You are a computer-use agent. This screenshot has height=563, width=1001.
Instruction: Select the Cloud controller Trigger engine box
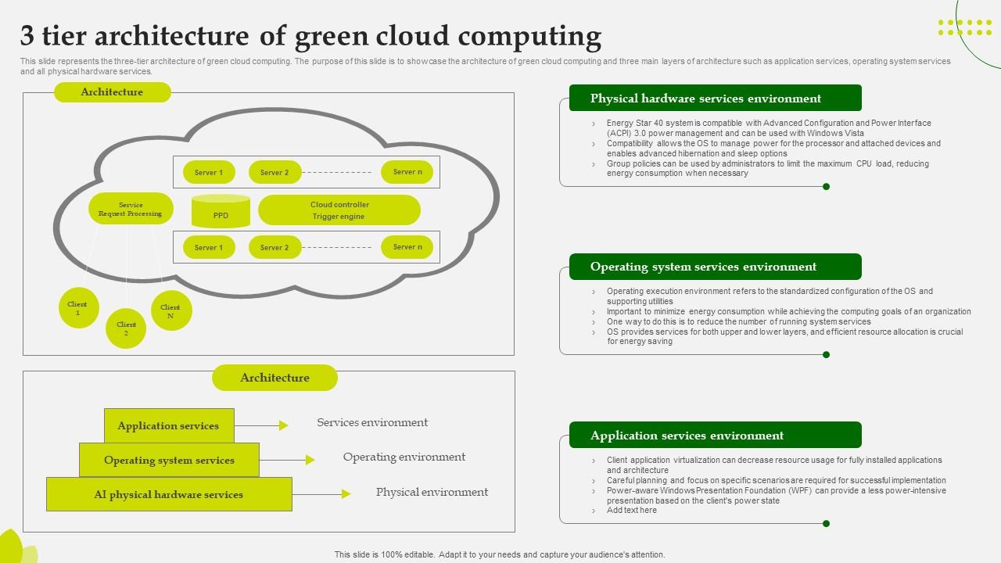339,210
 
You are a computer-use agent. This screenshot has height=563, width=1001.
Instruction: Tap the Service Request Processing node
131,209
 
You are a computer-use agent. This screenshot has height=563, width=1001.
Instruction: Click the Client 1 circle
78,308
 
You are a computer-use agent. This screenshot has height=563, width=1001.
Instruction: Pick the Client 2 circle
126,328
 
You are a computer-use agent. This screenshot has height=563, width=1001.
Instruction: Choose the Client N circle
170,311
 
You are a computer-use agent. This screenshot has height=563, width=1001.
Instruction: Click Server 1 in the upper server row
209,173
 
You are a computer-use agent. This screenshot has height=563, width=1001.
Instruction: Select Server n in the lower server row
407,247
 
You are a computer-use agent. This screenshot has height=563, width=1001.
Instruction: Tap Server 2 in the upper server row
274,173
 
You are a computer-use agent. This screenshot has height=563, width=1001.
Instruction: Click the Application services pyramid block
169,425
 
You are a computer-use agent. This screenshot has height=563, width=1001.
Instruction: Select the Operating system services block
169,460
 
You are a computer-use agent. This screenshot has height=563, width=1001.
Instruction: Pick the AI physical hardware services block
169,494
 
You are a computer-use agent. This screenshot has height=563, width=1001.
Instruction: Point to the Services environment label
372,422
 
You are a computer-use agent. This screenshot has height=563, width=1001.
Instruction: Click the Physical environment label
432,492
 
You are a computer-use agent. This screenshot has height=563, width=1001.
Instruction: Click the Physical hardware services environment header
715,99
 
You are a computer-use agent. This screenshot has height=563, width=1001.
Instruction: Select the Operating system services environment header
715,267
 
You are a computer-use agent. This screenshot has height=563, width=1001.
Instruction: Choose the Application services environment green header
715,436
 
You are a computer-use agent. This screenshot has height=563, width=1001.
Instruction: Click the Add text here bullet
631,511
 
